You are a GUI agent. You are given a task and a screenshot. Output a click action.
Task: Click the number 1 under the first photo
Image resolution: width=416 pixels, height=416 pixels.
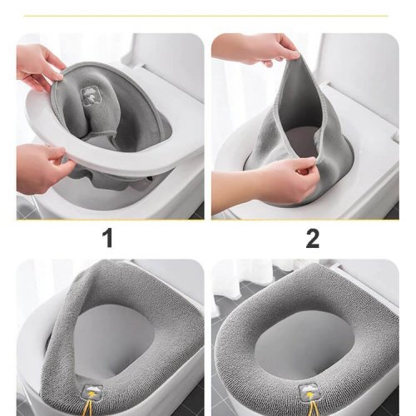pos(109,239)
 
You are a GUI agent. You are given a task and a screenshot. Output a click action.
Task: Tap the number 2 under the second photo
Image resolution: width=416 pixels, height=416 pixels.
pos(313,239)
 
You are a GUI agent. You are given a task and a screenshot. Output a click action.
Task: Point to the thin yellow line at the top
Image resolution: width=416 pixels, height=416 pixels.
pos(206,16)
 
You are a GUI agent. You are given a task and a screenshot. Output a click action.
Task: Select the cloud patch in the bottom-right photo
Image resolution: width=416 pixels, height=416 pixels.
pos(308,391)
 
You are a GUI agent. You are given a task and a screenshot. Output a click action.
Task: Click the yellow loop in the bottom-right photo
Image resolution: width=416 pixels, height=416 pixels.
pos(309,407)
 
